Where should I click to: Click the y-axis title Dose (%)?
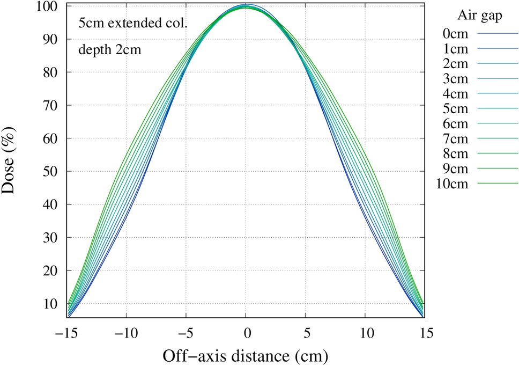click(12, 161)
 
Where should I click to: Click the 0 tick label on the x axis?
click(246, 332)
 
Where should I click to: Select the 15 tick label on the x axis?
click(425, 332)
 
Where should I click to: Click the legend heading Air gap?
click(480, 15)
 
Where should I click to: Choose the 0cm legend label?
click(455, 34)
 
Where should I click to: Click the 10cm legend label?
click(453, 184)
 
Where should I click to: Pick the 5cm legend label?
click(455, 109)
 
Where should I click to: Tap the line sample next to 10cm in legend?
click(498, 184)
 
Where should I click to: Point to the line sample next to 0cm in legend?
click(498, 34)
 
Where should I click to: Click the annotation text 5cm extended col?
click(132, 25)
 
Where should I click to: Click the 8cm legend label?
click(455, 153)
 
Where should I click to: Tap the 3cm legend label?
click(455, 79)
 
